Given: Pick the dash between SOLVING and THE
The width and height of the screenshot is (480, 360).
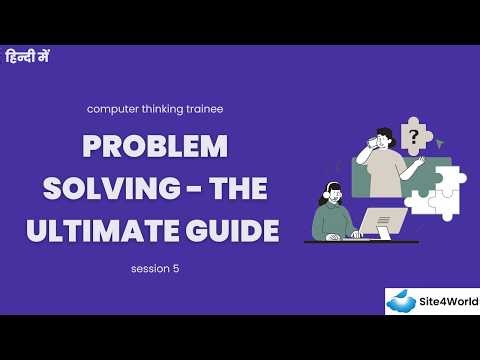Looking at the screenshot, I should (203, 190).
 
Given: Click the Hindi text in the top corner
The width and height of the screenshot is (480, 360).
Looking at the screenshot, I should (27, 56).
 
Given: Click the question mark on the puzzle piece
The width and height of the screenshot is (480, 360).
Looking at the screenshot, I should (411, 135).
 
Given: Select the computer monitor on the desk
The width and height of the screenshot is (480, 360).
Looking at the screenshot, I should (385, 222).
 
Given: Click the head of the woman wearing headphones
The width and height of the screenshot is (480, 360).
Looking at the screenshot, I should (332, 190).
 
